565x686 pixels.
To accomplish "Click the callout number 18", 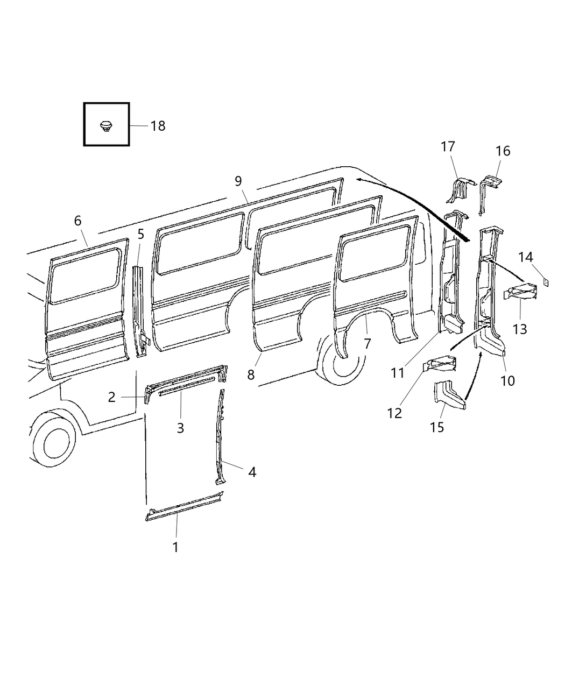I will [x=158, y=126].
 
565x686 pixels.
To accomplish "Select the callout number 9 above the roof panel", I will [x=238, y=181].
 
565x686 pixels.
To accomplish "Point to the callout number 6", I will [x=77, y=221].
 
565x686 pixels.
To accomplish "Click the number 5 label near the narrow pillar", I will [x=141, y=235].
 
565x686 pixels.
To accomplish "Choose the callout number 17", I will [x=448, y=146].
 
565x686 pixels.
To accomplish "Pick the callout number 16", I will [x=503, y=151].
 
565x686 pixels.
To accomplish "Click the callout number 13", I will [x=520, y=328].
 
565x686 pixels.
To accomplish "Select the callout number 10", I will [x=507, y=381].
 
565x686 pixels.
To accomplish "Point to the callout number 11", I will [x=398, y=373].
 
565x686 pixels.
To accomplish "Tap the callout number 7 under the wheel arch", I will [x=368, y=344].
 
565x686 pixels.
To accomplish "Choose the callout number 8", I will [x=251, y=375].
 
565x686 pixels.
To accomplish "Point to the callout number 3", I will [x=181, y=428].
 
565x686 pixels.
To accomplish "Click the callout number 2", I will [x=111, y=397].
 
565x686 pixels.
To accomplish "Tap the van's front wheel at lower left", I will [x=52, y=439].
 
